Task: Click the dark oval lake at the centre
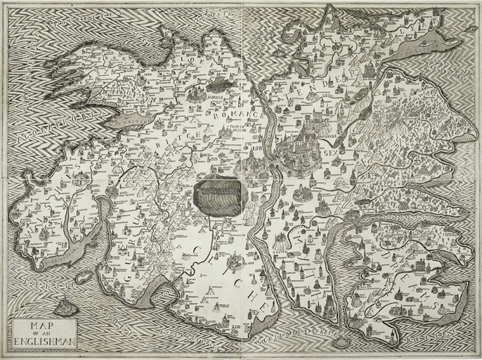[x=219, y=190]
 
